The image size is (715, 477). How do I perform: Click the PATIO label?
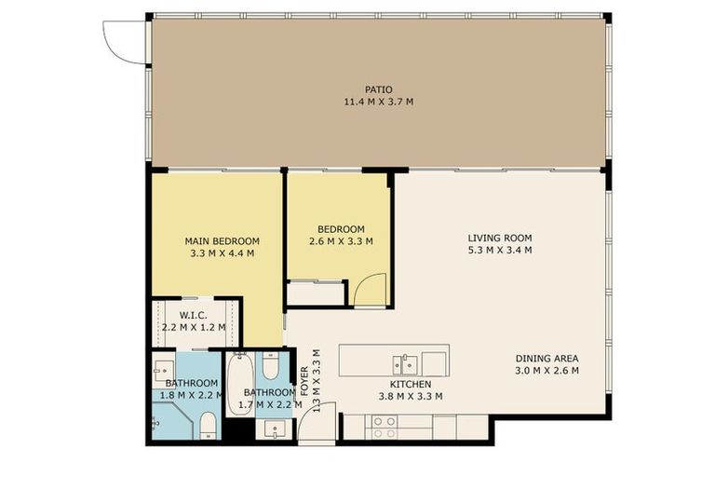coord(378,89)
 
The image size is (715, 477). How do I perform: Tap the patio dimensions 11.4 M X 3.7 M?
coord(378,101)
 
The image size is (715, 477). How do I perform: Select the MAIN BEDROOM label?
coord(222,240)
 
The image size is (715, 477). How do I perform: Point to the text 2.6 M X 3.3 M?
coord(341,241)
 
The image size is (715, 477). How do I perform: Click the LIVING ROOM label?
coord(500,238)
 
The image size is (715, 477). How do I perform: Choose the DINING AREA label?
coord(547,359)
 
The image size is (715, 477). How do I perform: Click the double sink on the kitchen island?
coord(404,361)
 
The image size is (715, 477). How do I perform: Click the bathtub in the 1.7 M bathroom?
coord(238,382)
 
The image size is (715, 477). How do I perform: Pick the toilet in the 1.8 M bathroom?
coord(209,427)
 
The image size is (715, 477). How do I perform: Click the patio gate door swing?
coord(124,42)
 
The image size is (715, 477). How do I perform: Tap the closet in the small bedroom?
coord(315,293)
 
